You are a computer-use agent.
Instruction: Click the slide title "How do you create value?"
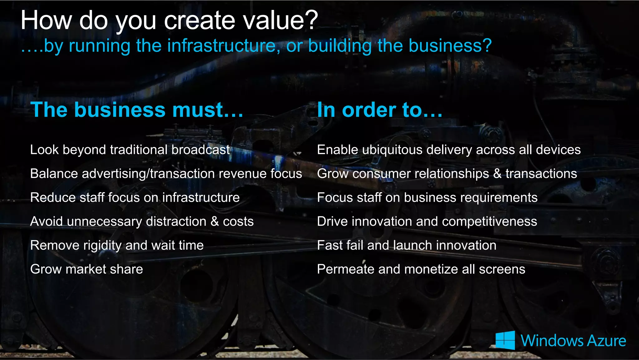click(169, 20)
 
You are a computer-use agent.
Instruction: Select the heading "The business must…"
click(137, 110)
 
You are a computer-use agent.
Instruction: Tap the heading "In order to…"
click(379, 110)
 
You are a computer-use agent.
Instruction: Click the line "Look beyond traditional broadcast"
click(130, 150)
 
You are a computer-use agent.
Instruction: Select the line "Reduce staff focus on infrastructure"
click(135, 198)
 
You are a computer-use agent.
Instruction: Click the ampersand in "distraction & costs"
click(214, 221)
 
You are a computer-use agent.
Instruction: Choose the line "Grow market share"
click(86, 269)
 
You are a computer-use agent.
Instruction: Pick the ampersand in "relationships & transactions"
click(497, 174)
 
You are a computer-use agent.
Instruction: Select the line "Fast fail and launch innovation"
click(406, 245)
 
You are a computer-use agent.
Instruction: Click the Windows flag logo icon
click(505, 340)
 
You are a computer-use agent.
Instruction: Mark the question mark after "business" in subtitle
click(487, 46)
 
